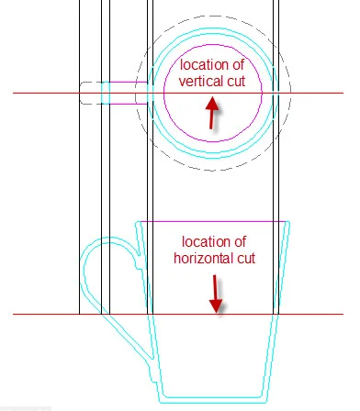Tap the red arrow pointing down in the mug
coord(216,294)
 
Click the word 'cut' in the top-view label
coord(235,81)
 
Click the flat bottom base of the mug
coord(212,401)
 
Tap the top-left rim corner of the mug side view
coord(136,222)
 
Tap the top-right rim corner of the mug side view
coord(289,222)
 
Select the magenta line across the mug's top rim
coord(212,222)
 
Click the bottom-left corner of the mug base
coord(162,401)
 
